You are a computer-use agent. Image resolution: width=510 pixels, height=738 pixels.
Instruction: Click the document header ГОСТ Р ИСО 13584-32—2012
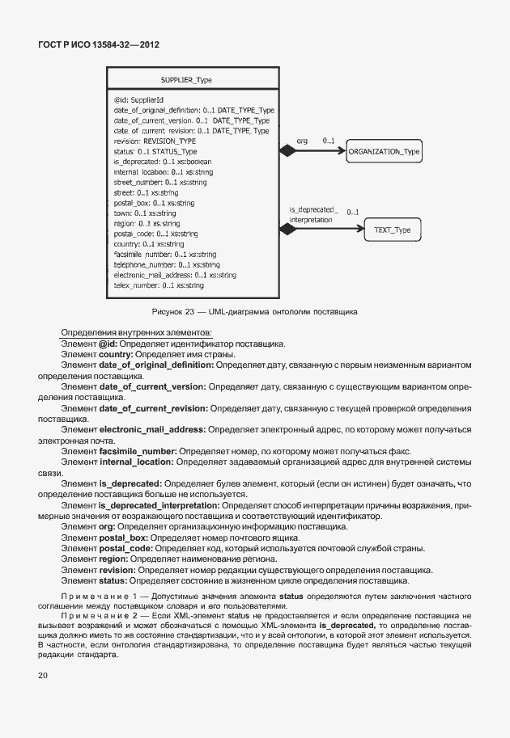[99, 45]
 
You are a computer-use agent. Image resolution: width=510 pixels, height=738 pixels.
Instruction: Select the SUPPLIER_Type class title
[186, 81]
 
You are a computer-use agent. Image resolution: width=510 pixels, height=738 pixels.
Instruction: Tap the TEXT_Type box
[392, 230]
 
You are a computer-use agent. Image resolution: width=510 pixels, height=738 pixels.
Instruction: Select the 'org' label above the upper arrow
[302, 141]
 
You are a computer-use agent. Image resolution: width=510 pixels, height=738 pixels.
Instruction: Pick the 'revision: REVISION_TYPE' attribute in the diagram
[155, 141]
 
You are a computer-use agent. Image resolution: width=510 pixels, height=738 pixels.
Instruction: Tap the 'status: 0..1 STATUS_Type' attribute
[155, 151]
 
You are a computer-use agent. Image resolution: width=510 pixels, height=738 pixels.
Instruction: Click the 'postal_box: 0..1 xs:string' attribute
[155, 203]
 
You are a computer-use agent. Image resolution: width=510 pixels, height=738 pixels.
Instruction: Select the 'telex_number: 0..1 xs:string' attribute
[159, 285]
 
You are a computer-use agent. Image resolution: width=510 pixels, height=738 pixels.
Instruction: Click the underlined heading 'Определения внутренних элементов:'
[136, 333]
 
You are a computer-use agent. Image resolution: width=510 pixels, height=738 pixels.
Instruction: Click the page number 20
[41, 674]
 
